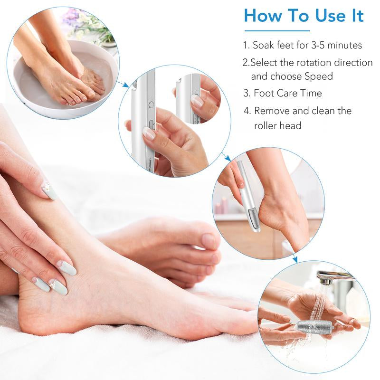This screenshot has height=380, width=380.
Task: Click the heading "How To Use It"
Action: pos(304,16)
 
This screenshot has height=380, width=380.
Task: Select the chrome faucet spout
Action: pos(332,276)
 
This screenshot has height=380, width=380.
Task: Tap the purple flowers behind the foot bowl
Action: pos(71,17)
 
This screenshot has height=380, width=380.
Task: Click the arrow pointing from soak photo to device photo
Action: pos(123,84)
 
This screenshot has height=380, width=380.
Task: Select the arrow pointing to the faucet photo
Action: pos(294,258)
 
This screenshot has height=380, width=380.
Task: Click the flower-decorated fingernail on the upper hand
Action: pos(49,190)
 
